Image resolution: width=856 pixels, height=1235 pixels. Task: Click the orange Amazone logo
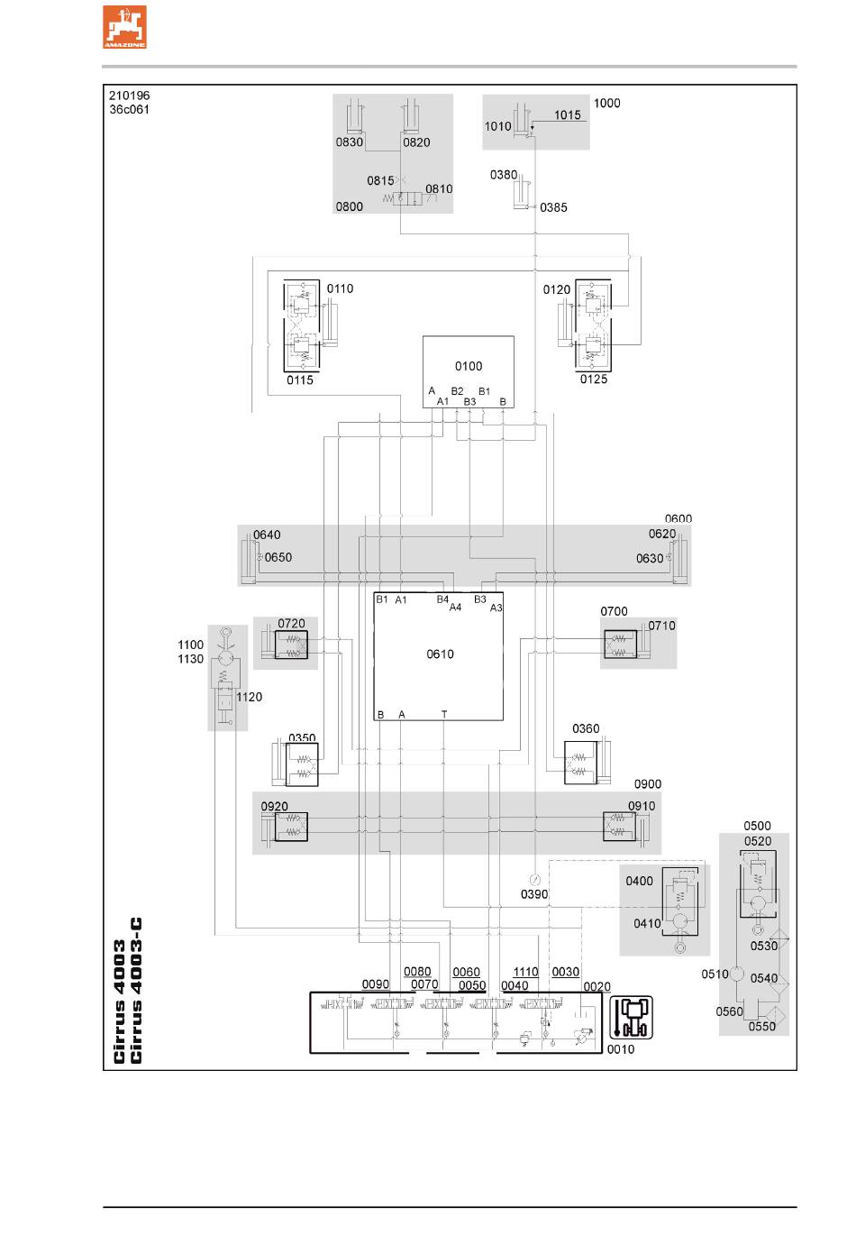click(x=124, y=27)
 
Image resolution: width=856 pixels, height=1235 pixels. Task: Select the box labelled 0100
click(x=468, y=371)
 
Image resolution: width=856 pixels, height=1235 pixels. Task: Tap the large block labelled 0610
click(x=438, y=656)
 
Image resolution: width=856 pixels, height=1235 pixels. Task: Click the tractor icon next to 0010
click(x=631, y=1017)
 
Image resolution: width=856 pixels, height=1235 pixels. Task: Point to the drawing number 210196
click(x=129, y=96)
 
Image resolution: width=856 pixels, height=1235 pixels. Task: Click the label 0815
click(x=380, y=180)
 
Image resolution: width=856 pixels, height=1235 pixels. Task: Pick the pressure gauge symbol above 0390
click(x=534, y=880)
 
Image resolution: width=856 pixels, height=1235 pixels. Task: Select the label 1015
click(x=567, y=114)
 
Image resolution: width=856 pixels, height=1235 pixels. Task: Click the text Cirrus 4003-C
click(x=136, y=990)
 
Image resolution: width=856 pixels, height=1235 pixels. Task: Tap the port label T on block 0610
click(x=444, y=714)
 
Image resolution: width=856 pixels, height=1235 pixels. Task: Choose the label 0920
click(x=275, y=806)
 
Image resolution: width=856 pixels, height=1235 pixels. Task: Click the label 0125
click(x=594, y=379)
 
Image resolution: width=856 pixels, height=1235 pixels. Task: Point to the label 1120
click(x=249, y=697)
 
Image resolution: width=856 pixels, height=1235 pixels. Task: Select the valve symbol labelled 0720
click(x=292, y=645)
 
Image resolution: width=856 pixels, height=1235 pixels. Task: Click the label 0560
click(x=729, y=1011)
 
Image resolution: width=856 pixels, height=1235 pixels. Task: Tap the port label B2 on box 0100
click(x=457, y=391)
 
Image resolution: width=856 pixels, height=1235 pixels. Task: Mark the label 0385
click(x=553, y=207)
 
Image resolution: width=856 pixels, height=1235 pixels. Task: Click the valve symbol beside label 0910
click(x=620, y=826)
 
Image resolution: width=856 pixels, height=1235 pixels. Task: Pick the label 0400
click(x=639, y=881)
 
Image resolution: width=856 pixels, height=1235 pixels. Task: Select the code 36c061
click(x=129, y=109)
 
